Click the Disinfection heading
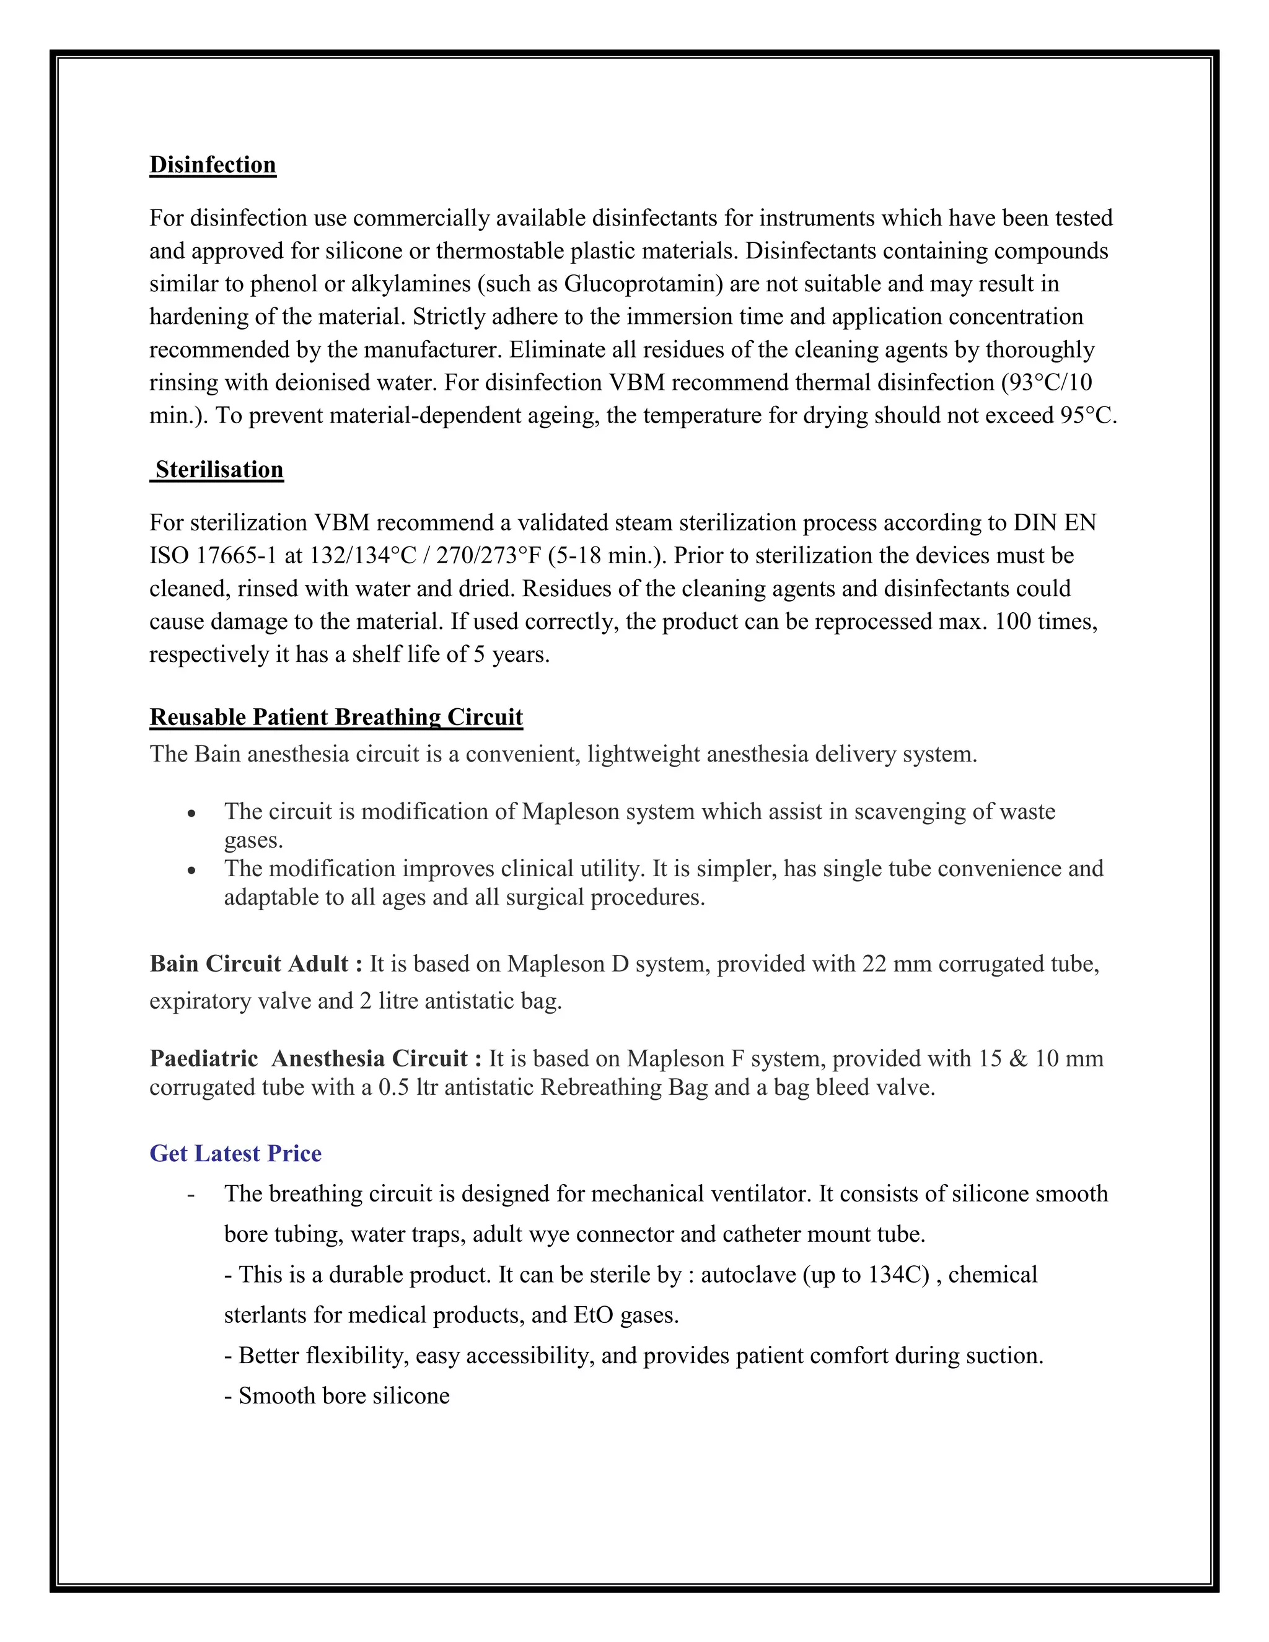point(213,165)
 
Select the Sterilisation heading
point(219,469)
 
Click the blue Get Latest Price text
point(235,1152)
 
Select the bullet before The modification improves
point(193,871)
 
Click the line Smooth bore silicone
point(337,1395)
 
